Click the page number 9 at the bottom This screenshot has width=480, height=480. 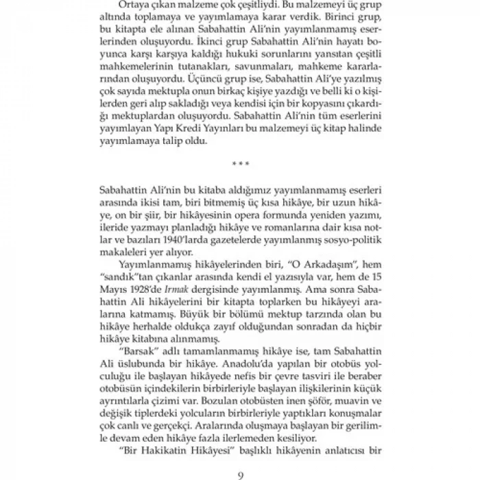(x=239, y=472)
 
